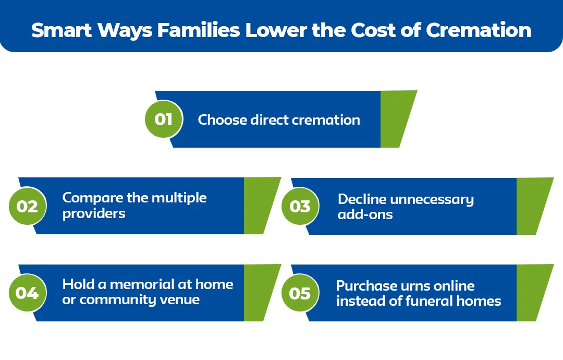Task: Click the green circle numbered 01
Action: (164, 119)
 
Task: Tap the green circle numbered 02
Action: (28, 206)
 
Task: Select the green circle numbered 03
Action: (300, 206)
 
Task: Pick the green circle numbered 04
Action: (28, 293)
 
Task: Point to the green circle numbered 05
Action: (300, 293)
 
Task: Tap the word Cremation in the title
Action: (479, 30)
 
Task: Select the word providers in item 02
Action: (94, 214)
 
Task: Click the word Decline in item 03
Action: (361, 199)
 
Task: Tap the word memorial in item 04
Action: (142, 284)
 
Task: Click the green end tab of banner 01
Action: (397, 119)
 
